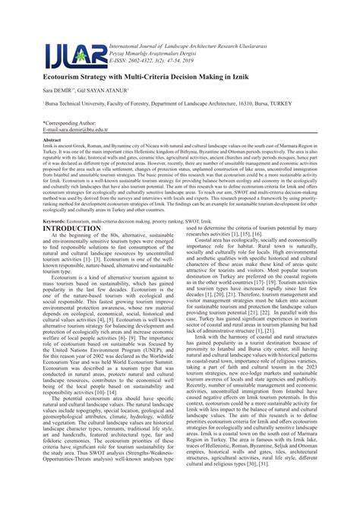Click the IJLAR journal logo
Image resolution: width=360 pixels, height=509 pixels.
coord(74,55)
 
